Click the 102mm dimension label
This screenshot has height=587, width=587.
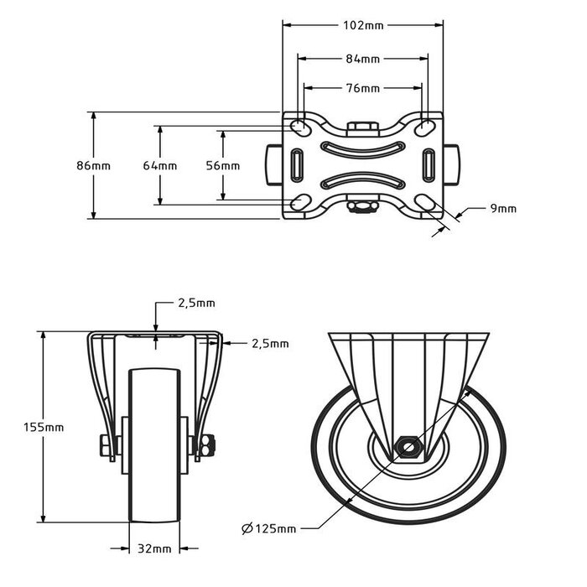pyautogui.click(x=363, y=26)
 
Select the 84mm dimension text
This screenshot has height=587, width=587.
pyautogui.click(x=363, y=59)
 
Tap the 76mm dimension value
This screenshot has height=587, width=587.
pyautogui.click(x=363, y=88)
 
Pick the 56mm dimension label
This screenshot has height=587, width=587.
pyautogui.click(x=222, y=165)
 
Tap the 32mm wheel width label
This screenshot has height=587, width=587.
pyautogui.click(x=155, y=548)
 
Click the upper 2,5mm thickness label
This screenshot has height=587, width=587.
pyautogui.click(x=196, y=303)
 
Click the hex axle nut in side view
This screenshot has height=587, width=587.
pyautogui.click(x=408, y=445)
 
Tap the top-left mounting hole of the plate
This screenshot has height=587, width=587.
pyautogui.click(x=299, y=127)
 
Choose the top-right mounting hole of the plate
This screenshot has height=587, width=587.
pyautogui.click(x=426, y=127)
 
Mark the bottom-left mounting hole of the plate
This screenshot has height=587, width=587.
pyautogui.click(x=299, y=203)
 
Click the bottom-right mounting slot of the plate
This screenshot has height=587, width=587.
pyautogui.click(x=426, y=203)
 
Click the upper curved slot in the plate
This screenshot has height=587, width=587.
pyautogui.click(x=362, y=149)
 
